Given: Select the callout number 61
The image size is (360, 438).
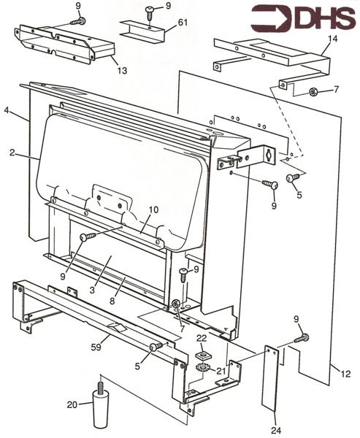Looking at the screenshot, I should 182,23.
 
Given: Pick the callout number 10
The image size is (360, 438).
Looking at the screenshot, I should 153,210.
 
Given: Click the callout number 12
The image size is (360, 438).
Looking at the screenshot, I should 345,374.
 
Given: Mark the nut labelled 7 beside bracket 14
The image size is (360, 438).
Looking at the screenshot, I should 312,92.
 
